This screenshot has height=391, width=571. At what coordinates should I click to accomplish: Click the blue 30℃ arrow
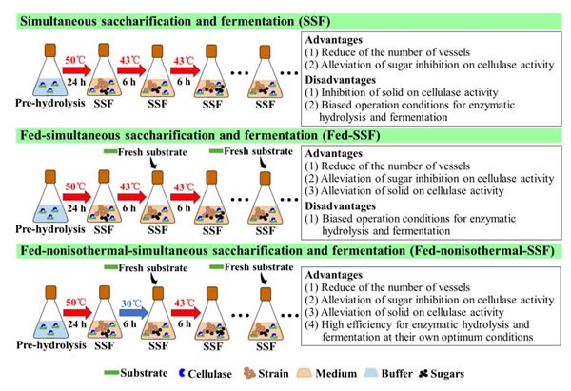[x=133, y=313]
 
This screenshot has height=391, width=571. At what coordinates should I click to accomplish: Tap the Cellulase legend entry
[x=206, y=374]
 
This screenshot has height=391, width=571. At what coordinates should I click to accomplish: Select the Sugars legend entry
[x=442, y=374]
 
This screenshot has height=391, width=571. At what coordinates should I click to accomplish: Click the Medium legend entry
[x=326, y=374]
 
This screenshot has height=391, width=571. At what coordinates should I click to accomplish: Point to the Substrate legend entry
[x=135, y=373]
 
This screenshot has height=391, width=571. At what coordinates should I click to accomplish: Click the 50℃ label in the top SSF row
[x=75, y=60]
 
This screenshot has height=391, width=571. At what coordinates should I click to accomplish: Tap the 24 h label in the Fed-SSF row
[x=76, y=208]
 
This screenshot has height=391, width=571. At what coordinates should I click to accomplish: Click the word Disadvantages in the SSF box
[x=340, y=80]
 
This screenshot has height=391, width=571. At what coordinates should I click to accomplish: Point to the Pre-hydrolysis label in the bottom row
[x=51, y=345]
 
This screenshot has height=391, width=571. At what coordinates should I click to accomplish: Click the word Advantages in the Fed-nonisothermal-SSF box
[x=334, y=275]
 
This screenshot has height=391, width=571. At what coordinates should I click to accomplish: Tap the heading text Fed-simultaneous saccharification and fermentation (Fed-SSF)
[x=200, y=136]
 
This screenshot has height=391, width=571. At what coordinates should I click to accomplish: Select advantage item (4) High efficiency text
[x=418, y=330]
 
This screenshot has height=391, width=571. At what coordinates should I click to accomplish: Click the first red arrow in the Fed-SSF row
[x=77, y=197]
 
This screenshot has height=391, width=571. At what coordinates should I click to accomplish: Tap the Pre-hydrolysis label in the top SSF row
[x=49, y=103]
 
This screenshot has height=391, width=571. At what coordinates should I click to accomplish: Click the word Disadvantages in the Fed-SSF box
[x=340, y=206]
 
